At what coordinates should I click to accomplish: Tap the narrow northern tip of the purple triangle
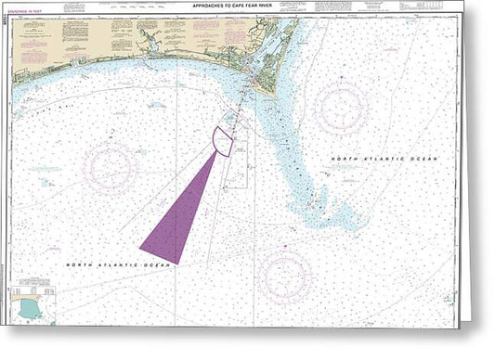pos(216,154)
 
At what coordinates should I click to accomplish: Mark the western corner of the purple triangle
pos(141,247)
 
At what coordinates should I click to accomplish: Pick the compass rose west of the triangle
pos(110,168)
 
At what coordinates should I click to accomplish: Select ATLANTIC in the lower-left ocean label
pos(116,264)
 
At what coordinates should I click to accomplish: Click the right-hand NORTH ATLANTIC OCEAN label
pos(384,160)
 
